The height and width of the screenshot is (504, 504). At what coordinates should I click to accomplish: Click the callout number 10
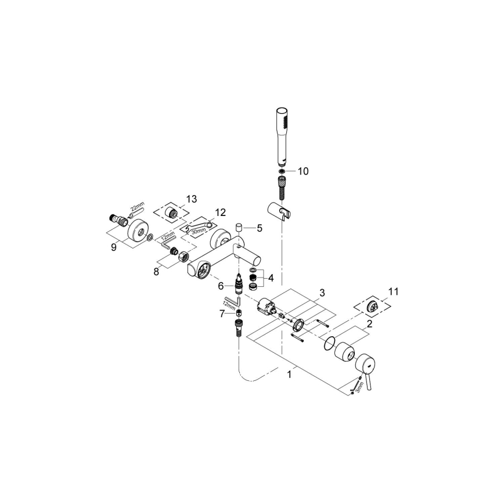click(x=303, y=171)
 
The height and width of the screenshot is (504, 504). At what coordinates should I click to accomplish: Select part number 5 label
click(x=260, y=228)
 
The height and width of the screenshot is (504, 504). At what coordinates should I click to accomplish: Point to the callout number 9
click(x=114, y=246)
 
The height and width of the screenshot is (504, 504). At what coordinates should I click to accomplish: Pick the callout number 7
click(x=222, y=313)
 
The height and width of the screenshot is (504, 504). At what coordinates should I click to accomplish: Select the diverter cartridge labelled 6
click(x=238, y=285)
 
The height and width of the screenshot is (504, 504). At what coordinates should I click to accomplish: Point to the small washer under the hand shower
click(x=281, y=171)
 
